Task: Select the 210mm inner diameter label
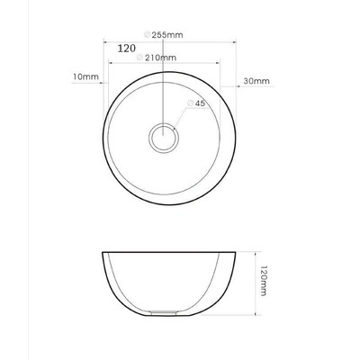point(160,58)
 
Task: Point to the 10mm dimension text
point(85,78)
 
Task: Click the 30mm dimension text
point(256,81)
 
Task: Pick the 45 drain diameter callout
point(200,104)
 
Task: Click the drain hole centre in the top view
point(164,139)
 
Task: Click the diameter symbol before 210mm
point(139,58)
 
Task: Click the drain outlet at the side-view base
point(165,314)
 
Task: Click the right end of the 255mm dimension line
point(236,42)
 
